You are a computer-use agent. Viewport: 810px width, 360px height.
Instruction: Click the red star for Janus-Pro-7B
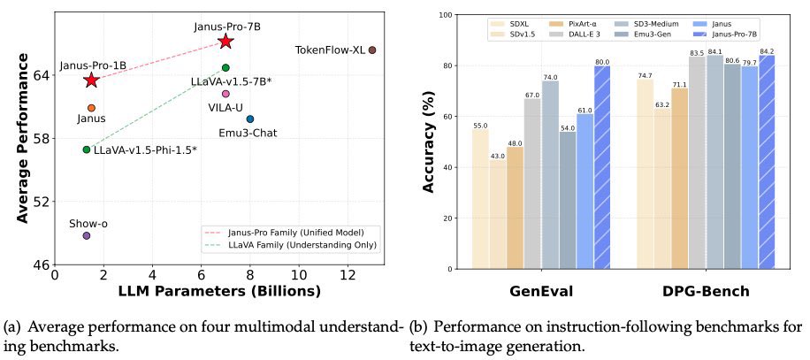pyautogui.click(x=225, y=42)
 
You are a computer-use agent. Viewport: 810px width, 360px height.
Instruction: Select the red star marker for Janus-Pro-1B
pyautogui.click(x=91, y=80)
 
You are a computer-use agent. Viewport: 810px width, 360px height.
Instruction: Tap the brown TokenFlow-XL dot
pyautogui.click(x=372, y=50)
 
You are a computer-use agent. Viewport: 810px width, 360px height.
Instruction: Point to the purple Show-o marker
pyautogui.click(x=87, y=235)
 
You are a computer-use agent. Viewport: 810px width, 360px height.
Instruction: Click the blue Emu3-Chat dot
pyautogui.click(x=250, y=119)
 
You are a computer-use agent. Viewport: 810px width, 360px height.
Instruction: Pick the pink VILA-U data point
pyautogui.click(x=225, y=94)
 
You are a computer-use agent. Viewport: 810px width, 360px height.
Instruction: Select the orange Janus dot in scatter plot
pyautogui.click(x=91, y=108)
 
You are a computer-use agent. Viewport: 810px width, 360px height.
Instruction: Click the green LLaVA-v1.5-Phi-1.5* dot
pyautogui.click(x=87, y=149)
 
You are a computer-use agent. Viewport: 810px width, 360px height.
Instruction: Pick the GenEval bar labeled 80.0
pyautogui.click(x=602, y=167)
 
